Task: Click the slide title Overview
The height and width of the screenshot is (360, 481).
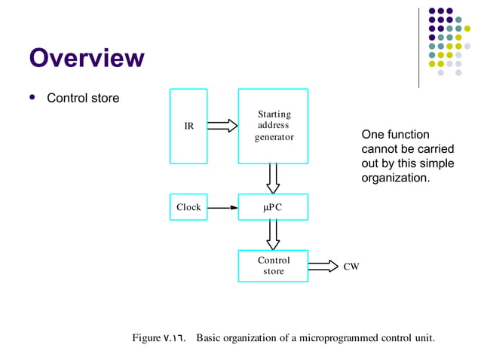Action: [86, 58]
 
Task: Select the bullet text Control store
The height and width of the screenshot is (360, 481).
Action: [83, 98]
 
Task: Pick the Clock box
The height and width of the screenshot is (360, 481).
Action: [188, 207]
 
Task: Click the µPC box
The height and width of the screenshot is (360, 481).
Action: [273, 207]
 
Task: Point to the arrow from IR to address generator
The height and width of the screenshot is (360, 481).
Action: [222, 126]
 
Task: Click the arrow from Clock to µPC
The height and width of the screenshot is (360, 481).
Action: [222, 207]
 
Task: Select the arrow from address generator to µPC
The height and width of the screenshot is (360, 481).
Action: [273, 178]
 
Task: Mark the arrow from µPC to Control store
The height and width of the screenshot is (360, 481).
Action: [273, 234]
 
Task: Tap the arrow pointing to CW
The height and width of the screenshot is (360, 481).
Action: [323, 266]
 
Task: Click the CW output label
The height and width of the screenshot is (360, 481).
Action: [351, 267]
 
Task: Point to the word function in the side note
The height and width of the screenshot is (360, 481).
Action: [409, 134]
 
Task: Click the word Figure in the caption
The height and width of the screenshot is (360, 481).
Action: [146, 337]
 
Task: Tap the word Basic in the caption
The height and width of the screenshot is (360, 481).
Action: [210, 337]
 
